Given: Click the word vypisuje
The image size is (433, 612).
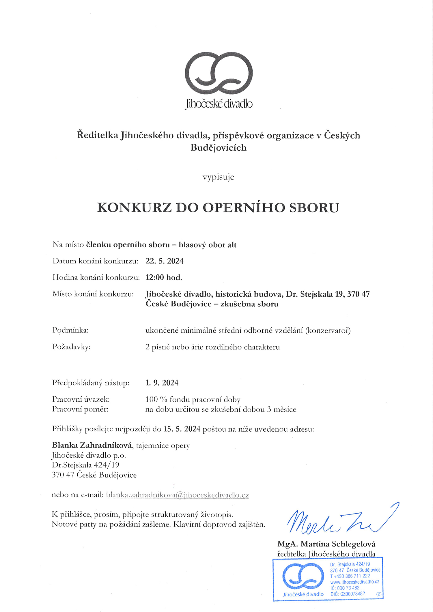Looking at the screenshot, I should point(218,177).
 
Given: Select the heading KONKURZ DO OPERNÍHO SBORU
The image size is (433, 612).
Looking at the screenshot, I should point(218,208).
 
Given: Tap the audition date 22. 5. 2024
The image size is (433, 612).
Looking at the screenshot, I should point(165,261).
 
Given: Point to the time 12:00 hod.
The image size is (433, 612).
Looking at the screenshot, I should point(164,278).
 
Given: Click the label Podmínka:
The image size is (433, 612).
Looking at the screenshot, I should point(70,330).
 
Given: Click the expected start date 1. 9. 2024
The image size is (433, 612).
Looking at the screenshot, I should point(162,383).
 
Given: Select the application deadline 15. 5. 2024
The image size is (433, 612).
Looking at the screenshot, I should point(182,429).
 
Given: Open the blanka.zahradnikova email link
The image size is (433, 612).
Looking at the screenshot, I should point(177,495).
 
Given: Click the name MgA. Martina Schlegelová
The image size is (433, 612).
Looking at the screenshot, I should point(326,544).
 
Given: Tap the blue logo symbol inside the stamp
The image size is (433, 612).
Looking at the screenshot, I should point(303,576).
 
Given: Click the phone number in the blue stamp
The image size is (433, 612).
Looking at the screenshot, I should point(350,576).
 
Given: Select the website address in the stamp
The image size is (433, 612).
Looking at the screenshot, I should point(354,582).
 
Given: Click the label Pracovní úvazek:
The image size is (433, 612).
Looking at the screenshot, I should point(81,399).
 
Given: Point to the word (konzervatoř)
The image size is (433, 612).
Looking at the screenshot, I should point(328,330).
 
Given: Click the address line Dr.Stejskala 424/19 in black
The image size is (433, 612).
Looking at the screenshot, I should point(85,465).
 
